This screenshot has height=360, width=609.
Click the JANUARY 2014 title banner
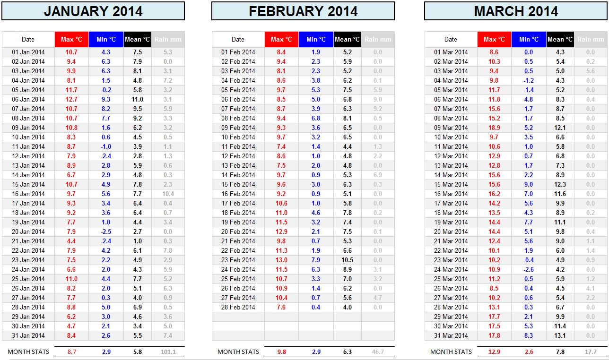93,11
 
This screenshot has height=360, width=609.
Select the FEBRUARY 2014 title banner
303,11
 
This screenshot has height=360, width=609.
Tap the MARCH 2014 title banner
516,11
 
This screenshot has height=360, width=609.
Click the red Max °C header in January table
71,40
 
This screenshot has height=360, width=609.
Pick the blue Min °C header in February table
316,40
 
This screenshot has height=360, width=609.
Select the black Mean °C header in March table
560,40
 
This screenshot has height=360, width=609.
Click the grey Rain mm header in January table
168,40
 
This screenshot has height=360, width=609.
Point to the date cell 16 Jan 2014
28,194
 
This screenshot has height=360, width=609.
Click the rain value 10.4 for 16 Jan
168,194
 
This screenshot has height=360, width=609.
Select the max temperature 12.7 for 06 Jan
71,99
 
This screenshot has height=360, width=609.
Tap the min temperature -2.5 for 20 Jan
105,231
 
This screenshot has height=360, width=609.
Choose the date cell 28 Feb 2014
238,307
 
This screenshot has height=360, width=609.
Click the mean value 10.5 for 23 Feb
348,260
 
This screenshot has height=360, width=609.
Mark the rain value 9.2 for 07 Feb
378,109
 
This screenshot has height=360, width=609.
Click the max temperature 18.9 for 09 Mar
494,128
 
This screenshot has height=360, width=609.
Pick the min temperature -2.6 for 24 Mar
528,269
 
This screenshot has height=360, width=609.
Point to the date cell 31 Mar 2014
451,335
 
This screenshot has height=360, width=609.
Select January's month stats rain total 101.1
168,352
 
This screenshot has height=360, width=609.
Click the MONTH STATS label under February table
238,352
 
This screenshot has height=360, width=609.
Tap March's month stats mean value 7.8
560,352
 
